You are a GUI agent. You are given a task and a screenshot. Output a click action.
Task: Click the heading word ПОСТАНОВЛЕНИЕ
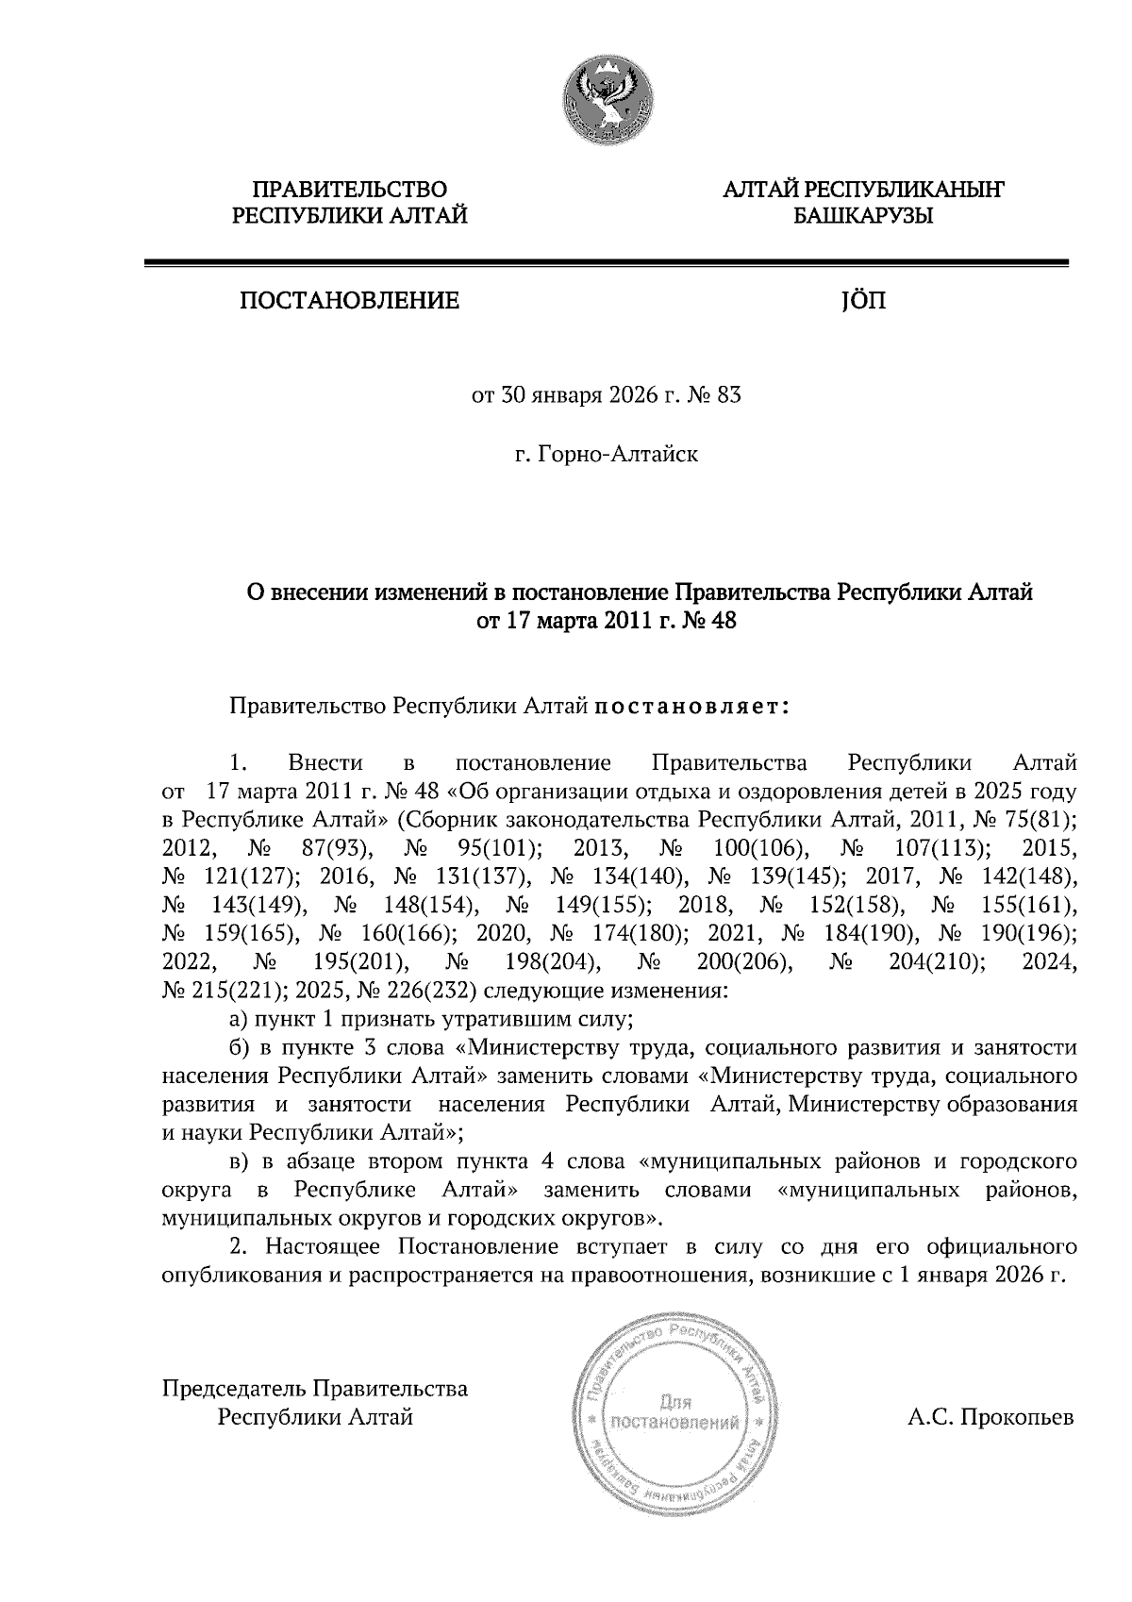pyautogui.click(x=349, y=302)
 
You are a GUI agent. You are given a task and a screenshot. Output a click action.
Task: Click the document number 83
pyautogui.click(x=729, y=395)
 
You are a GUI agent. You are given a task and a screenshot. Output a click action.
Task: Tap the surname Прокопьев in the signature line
pyautogui.click(x=1015, y=1417)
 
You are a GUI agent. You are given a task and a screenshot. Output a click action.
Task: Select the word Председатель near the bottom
pyautogui.click(x=235, y=1389)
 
